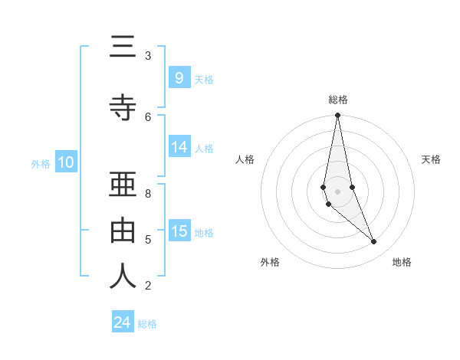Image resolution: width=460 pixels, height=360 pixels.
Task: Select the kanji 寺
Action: [x=123, y=108]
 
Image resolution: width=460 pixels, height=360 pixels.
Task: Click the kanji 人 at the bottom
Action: [x=123, y=277]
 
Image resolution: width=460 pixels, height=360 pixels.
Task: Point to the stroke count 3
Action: [x=147, y=55]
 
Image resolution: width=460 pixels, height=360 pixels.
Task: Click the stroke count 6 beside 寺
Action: [x=147, y=116]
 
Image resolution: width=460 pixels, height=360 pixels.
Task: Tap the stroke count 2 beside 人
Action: [x=147, y=286]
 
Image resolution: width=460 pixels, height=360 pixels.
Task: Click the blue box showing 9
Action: [x=179, y=77]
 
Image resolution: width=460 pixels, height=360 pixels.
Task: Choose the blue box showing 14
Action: [x=179, y=147]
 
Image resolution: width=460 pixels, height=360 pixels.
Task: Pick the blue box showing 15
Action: [x=179, y=231]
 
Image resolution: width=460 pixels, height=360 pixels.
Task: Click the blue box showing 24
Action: [x=123, y=322]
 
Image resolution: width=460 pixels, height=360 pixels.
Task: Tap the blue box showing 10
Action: [x=65, y=162]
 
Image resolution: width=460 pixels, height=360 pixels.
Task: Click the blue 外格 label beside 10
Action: [x=41, y=163]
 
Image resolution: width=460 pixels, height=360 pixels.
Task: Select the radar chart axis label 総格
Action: [x=338, y=100]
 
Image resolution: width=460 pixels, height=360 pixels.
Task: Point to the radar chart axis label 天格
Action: [x=431, y=159]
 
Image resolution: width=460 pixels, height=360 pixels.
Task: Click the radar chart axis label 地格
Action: [x=402, y=262]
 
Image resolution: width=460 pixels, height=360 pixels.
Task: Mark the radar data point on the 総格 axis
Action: [x=337, y=116]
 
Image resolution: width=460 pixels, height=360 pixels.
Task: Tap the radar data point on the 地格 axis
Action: [x=374, y=241]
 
